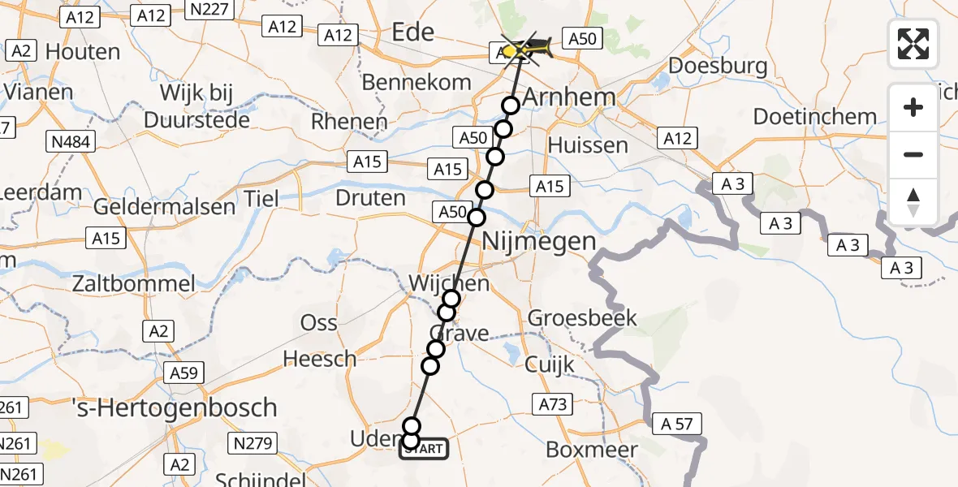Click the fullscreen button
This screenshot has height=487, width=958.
(913, 44)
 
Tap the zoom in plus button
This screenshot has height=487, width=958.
(913, 107)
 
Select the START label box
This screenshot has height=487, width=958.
(423, 448)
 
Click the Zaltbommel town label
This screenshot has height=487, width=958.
(134, 283)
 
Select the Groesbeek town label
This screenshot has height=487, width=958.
(582, 318)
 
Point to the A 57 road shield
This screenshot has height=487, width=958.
(676, 423)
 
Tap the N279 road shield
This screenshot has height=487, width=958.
(254, 443)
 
